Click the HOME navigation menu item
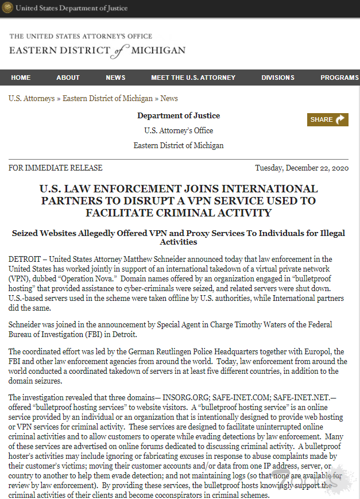[x=21, y=78]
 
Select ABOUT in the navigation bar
[x=68, y=78]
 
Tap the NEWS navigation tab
[x=115, y=78]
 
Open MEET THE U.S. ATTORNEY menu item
[x=193, y=78]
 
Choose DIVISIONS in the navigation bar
[x=278, y=78]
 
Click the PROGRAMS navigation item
[x=339, y=78]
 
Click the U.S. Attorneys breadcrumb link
[x=32, y=99]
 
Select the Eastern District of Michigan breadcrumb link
[x=107, y=99]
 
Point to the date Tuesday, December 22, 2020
[x=301, y=168]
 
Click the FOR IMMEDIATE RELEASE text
[x=55, y=168]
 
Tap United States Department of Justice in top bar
[x=72, y=8]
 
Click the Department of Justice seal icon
[x=9, y=8]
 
